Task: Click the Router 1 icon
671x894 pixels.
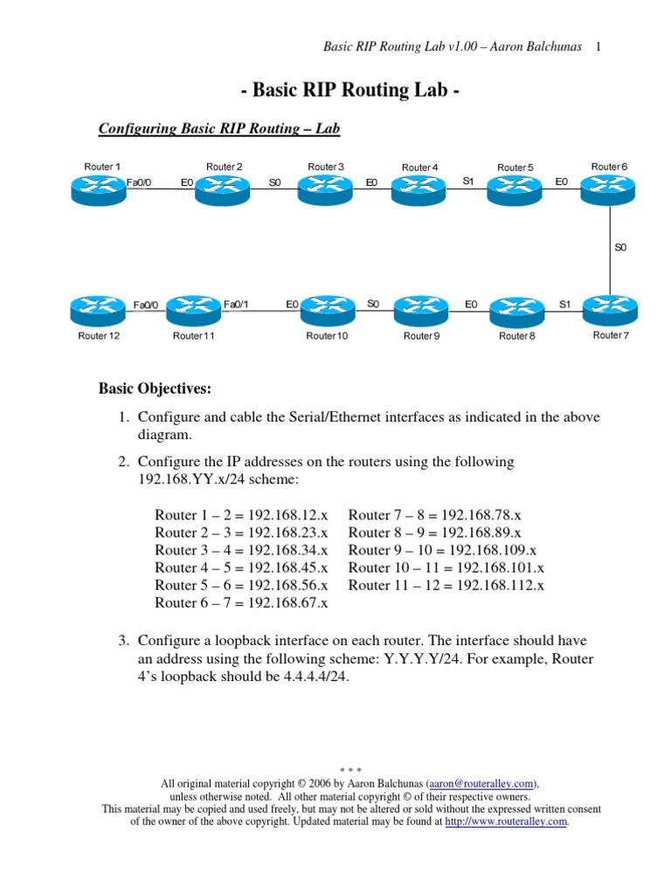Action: (x=100, y=188)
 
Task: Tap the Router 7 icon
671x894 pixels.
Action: (x=609, y=307)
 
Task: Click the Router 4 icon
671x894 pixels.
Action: (x=418, y=189)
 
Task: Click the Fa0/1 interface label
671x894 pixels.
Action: (x=237, y=304)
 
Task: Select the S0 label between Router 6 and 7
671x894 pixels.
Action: (x=620, y=247)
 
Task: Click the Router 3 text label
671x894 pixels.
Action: (x=326, y=167)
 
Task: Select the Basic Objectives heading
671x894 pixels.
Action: (x=155, y=389)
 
